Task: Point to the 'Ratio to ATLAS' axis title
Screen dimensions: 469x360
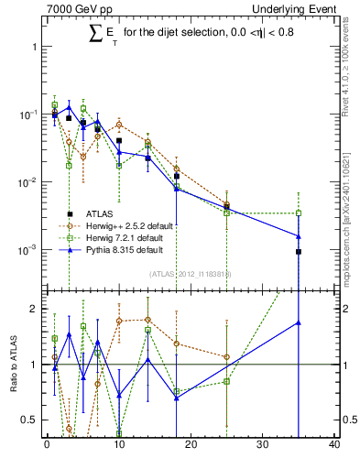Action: (12, 364)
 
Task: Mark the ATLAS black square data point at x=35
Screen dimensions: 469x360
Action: (299, 251)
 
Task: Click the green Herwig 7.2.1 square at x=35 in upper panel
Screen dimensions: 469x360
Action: (299, 213)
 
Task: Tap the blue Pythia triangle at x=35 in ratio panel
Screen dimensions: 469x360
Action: (299, 322)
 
